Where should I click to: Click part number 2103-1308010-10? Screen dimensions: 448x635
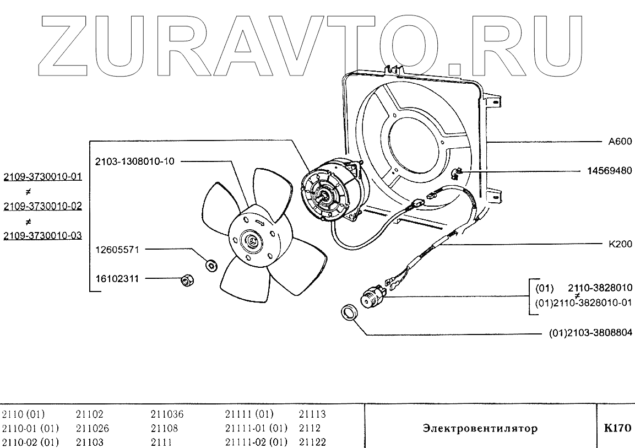point(134,161)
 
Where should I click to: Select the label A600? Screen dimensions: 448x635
point(620,141)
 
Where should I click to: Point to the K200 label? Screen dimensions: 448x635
point(620,244)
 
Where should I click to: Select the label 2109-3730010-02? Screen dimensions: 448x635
point(42,206)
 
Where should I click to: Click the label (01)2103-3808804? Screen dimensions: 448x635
point(591,333)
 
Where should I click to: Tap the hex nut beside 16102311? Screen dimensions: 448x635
point(187,281)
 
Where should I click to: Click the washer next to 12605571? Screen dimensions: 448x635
point(210,265)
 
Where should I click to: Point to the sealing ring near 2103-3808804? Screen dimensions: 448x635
point(349,312)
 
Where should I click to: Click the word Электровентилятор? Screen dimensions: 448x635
point(480,428)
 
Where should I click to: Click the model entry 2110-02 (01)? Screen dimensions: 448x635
point(31,442)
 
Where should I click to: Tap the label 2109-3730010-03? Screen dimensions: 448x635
point(42,235)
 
